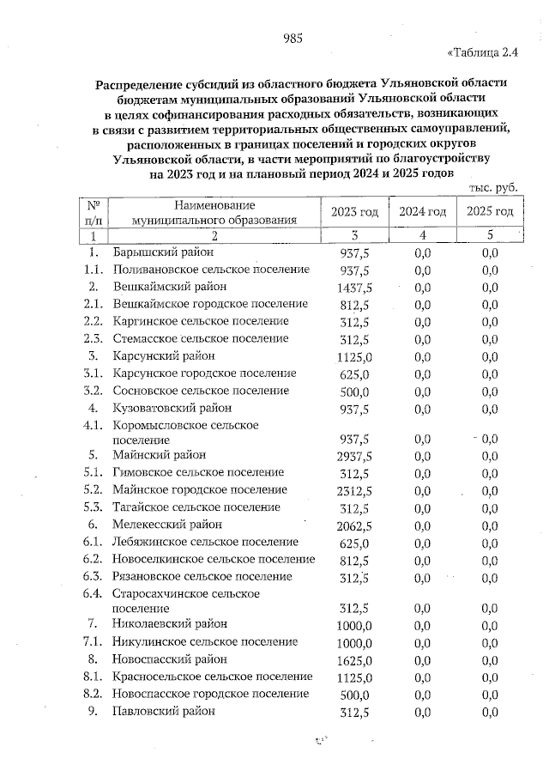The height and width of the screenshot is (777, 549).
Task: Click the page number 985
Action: click(293, 38)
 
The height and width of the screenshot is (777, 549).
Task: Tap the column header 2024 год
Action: click(422, 212)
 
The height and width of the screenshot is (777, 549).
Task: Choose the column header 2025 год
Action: click(490, 212)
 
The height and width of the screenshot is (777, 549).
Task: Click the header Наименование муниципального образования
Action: click(214, 212)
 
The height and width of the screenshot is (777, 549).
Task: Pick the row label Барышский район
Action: click(163, 252)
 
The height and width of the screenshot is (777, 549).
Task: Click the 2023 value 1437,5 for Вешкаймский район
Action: click(354, 288)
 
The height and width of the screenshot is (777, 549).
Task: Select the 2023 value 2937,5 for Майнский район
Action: click(354, 456)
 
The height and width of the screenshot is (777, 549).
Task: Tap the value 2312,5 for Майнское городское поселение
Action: click(354, 491)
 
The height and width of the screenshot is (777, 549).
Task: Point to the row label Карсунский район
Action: click(163, 355)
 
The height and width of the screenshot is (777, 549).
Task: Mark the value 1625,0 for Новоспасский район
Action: click(354, 660)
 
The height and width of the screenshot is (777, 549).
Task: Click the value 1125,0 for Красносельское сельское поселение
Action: click(354, 677)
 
